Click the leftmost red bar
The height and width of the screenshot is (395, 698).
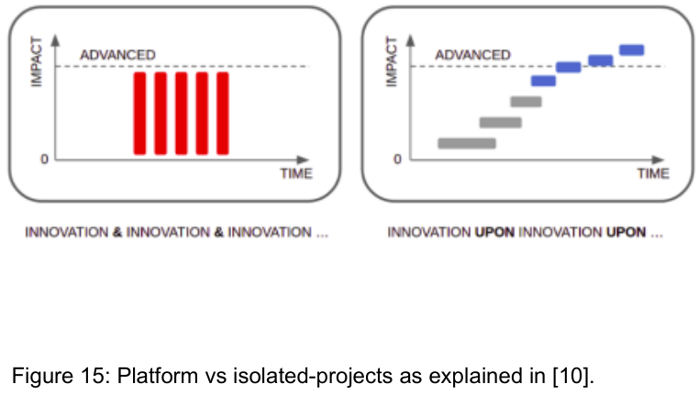click(139, 113)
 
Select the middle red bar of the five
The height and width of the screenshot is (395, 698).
click(181, 113)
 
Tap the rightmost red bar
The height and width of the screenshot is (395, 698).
click(222, 113)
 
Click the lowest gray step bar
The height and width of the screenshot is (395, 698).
click(467, 143)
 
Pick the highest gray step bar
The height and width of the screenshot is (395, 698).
click(526, 101)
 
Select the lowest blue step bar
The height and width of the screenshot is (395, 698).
click(544, 81)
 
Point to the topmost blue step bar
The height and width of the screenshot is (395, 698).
click(632, 49)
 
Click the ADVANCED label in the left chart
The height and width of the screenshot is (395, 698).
click(117, 55)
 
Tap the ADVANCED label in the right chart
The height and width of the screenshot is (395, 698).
click(472, 55)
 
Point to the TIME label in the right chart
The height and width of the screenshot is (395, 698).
click(653, 174)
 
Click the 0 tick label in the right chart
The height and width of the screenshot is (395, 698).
click(397, 159)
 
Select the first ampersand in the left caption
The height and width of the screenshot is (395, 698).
click(117, 233)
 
